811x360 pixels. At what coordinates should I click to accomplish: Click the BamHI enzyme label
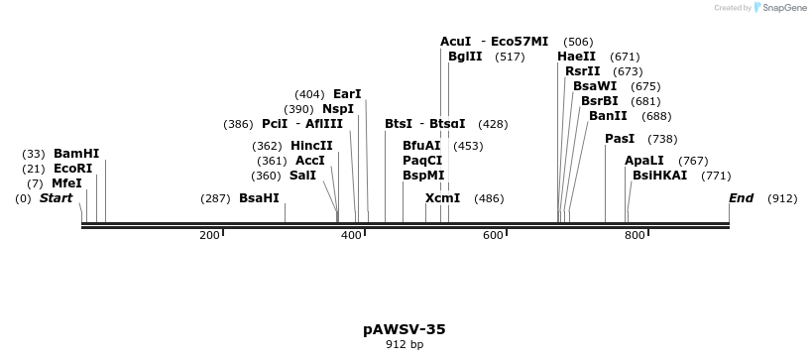point(76,154)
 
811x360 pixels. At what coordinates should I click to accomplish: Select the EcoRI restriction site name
point(73,169)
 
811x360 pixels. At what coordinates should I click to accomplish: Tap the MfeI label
point(66,183)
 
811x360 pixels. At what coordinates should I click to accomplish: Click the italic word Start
point(56,198)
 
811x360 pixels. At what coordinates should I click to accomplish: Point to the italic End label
point(742,198)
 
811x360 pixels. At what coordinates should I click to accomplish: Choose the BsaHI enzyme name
point(259,198)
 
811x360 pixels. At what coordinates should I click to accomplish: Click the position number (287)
point(215,198)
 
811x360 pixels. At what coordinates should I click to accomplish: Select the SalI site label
point(302,176)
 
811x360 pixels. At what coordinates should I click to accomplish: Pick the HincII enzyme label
point(311,146)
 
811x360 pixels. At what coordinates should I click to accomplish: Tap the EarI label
point(347,94)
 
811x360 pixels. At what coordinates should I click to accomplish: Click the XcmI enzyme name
point(443,198)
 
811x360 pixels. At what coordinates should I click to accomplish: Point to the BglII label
point(465,57)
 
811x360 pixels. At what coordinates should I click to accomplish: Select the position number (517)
point(510,57)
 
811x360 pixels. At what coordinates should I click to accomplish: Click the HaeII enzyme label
point(577,57)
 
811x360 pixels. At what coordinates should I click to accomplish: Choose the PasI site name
point(620,139)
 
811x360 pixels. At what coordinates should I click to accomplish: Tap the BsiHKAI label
point(660,176)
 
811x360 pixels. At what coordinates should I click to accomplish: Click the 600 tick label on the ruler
point(493,236)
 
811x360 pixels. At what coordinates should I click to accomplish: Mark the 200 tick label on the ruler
point(209,236)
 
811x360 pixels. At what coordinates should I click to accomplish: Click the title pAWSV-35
point(405,329)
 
